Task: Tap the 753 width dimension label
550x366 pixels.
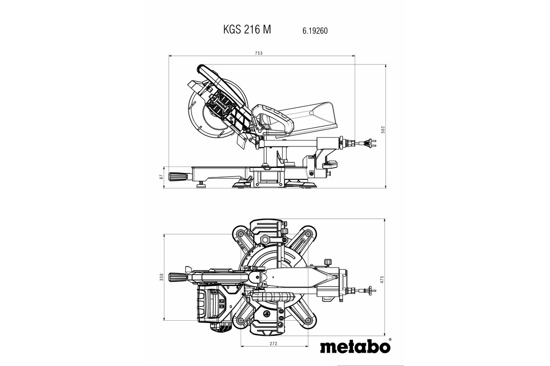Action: click(258, 53)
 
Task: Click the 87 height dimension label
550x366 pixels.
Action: click(161, 177)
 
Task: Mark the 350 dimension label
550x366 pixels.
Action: click(161, 277)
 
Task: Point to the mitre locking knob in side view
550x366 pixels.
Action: click(179, 177)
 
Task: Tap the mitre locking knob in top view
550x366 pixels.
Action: click(178, 277)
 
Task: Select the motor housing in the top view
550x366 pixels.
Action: click(212, 304)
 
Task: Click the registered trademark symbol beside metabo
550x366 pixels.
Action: click(390, 340)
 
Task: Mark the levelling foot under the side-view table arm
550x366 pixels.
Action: click(200, 185)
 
